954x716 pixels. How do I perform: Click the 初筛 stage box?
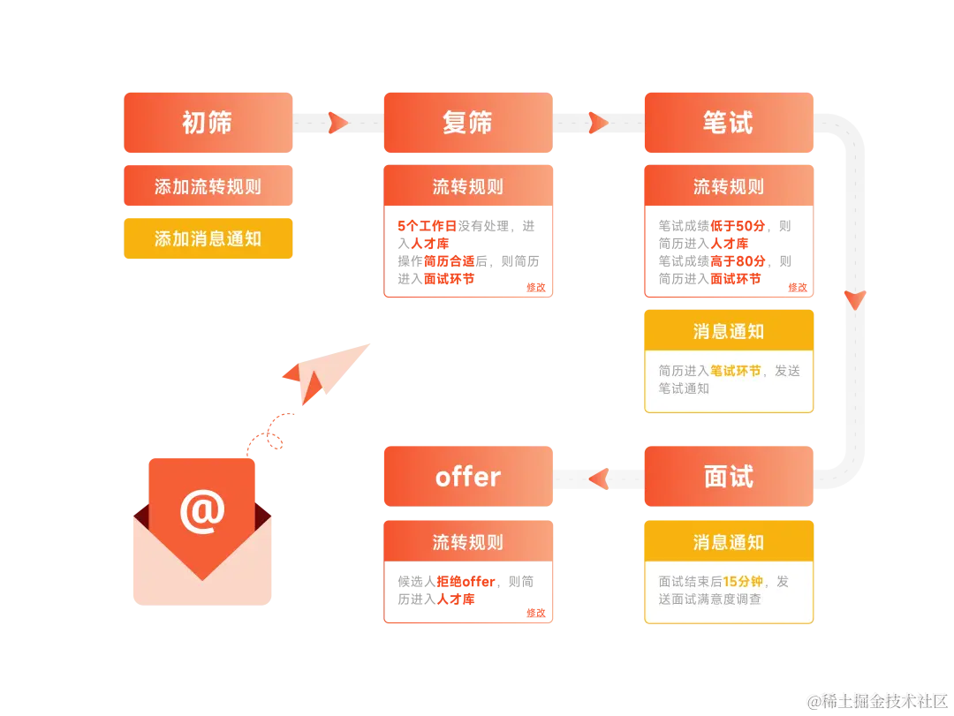[x=208, y=123]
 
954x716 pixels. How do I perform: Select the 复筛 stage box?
[x=468, y=123]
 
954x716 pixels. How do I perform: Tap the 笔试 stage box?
[x=729, y=123]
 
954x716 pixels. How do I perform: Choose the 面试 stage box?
[x=729, y=477]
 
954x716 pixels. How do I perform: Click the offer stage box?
[x=468, y=477]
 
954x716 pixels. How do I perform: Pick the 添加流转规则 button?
[x=208, y=186]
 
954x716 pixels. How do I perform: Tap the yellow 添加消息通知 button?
[x=208, y=238]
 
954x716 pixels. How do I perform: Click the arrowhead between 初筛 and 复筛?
[x=337, y=123]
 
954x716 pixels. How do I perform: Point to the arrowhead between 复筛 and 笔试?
[x=598, y=123]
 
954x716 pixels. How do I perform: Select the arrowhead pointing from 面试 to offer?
[x=599, y=479]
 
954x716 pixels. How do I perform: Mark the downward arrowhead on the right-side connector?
[x=853, y=299]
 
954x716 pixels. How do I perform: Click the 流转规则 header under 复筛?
[x=468, y=186]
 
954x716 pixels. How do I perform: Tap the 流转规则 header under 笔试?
[x=729, y=186]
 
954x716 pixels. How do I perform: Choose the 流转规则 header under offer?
[x=468, y=541]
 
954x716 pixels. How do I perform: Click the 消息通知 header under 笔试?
[x=729, y=331]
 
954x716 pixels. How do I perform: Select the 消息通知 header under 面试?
[x=729, y=541]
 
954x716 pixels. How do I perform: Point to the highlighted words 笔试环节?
[x=735, y=371]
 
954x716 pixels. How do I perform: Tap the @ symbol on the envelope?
[x=202, y=511]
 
